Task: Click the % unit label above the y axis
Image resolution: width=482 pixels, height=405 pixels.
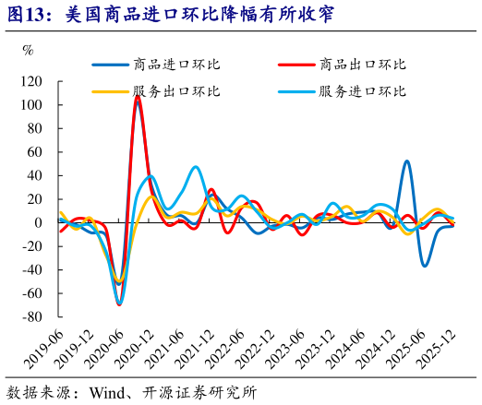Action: click(x=27, y=50)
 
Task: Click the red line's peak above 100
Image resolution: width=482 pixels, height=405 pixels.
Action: click(x=138, y=97)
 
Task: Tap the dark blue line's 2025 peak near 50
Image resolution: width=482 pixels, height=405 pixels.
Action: click(x=407, y=161)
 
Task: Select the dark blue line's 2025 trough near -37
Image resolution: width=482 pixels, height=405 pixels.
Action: click(x=425, y=266)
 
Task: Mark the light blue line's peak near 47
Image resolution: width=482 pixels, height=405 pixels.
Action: click(x=196, y=167)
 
